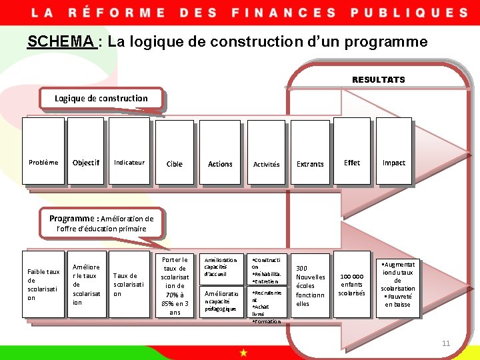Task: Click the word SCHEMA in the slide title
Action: (x=61, y=42)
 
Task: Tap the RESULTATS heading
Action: (x=378, y=79)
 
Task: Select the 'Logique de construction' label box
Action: (x=101, y=98)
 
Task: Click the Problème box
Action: (x=43, y=163)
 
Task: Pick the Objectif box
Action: (x=85, y=163)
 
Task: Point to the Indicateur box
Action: (x=129, y=163)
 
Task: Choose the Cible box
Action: (x=174, y=164)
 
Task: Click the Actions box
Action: (x=220, y=164)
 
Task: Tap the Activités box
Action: (x=266, y=164)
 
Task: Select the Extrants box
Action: (x=310, y=164)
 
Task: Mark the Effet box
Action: (x=352, y=163)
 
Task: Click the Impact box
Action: (x=393, y=163)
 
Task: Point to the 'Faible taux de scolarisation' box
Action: (x=43, y=285)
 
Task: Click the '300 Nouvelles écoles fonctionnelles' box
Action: (x=310, y=285)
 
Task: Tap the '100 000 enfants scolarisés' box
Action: (x=352, y=284)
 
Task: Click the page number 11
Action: (x=446, y=343)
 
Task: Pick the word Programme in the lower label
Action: (x=72, y=218)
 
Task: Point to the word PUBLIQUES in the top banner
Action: (x=409, y=12)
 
